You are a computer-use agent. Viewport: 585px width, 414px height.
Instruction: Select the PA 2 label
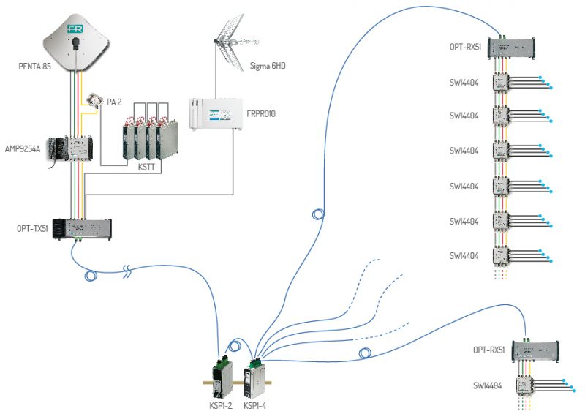(114, 102)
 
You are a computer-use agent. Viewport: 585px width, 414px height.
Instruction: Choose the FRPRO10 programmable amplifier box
(212, 113)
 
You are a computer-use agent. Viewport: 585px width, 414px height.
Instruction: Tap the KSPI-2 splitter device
(222, 377)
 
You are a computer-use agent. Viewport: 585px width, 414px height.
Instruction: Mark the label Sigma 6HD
(268, 65)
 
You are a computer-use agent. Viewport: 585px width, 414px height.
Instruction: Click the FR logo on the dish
(75, 29)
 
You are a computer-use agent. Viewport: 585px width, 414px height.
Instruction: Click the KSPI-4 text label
(255, 405)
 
